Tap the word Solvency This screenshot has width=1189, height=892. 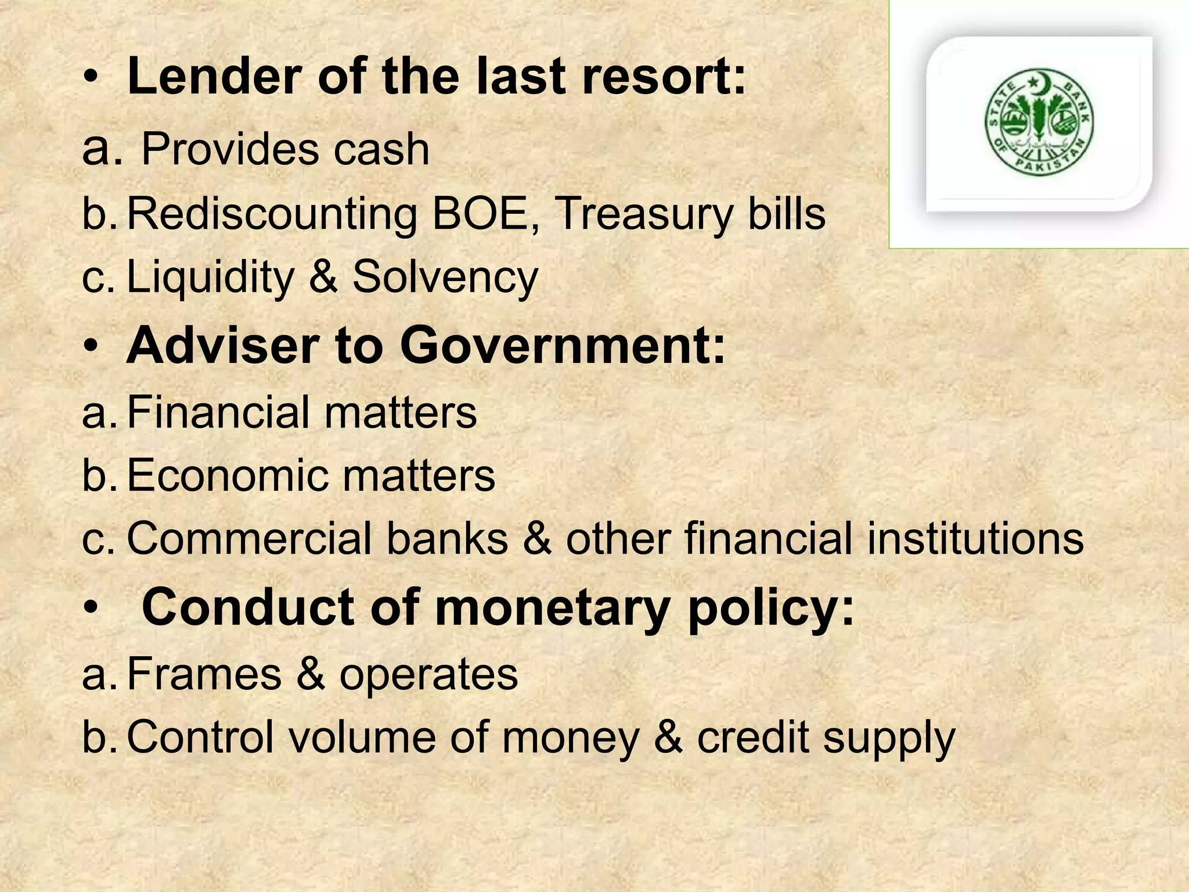click(445, 278)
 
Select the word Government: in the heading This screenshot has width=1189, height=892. click(563, 346)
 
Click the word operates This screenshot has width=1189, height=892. click(428, 675)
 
